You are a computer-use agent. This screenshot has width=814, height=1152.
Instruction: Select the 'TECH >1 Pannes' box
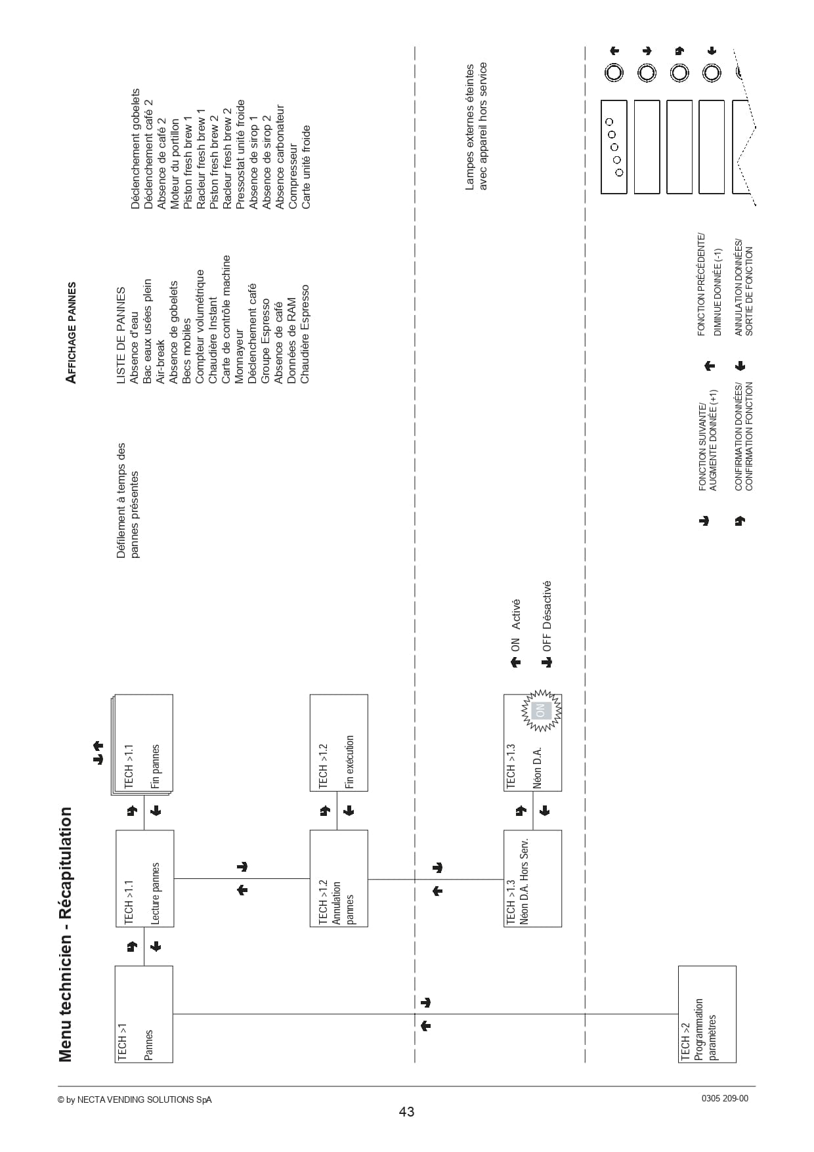[144, 1013]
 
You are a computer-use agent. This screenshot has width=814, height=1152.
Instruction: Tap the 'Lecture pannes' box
[144, 878]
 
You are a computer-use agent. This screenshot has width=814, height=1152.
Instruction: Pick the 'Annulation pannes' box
[339, 878]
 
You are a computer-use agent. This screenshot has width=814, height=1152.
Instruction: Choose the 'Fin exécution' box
[339, 742]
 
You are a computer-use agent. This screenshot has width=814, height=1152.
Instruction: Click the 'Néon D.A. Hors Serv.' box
[532, 878]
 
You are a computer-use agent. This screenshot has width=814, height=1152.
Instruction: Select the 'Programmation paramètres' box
[707, 1013]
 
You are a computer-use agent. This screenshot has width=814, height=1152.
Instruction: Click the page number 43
[406, 1111]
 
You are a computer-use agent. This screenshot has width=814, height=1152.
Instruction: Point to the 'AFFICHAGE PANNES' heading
[72, 333]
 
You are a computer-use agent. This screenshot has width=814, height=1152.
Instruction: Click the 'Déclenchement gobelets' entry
[135, 149]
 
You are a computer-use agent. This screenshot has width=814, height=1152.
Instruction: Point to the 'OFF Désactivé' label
[547, 616]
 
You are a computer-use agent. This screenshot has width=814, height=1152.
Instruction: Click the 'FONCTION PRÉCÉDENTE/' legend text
[701, 284]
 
